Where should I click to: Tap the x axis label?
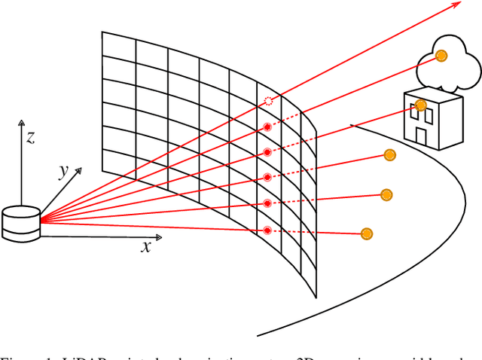[x=146, y=246]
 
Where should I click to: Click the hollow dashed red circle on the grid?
[x=267, y=101]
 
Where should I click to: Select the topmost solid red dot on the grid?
[x=267, y=127]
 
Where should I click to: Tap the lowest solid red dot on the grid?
[x=267, y=230]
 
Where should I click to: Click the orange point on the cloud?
[x=442, y=55]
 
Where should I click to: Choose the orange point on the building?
[x=421, y=105]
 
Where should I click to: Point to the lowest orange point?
[x=367, y=233]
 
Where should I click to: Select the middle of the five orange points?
[x=389, y=155]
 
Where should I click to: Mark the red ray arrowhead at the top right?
[x=458, y=5]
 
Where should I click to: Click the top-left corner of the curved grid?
[x=102, y=32]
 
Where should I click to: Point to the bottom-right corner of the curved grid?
[x=316, y=297]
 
